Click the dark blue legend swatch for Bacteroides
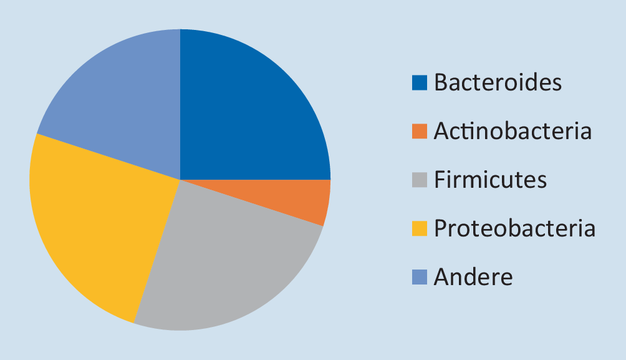420,83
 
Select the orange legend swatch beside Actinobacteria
420,131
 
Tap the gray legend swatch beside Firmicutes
420,180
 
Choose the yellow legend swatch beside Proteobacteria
420,228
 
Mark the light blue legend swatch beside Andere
420,277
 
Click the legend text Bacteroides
498,82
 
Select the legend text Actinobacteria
513,130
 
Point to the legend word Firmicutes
490,180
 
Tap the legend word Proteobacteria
514,228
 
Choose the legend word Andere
473,276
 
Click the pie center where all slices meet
180,180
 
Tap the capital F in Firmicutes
440,180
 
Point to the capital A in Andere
442,277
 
